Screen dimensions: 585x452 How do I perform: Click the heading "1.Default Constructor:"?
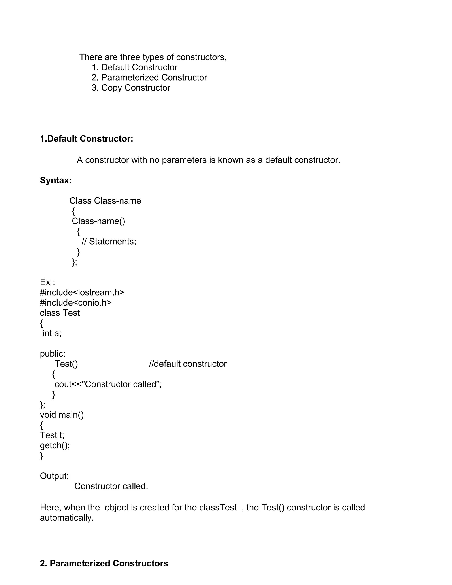87,139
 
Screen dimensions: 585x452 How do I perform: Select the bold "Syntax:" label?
56,180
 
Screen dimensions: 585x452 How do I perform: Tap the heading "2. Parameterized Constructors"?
104,563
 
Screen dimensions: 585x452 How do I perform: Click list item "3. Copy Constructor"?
131,88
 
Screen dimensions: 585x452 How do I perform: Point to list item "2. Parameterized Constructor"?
149,77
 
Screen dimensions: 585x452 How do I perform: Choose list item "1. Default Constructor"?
134,67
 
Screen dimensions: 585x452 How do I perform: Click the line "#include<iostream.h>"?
82,292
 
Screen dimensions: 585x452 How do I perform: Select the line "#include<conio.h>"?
76,302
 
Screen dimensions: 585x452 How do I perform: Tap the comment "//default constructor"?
188,364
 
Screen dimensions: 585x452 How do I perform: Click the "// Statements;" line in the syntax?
109,241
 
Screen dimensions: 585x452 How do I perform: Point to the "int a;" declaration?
52,333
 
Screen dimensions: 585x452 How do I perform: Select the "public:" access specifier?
53,354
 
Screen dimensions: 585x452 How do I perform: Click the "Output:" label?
54,476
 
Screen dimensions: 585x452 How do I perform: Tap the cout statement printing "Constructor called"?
108,384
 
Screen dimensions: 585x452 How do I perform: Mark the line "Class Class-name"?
105,201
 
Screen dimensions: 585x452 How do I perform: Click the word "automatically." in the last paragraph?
67,517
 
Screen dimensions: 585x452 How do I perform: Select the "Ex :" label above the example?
47,282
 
